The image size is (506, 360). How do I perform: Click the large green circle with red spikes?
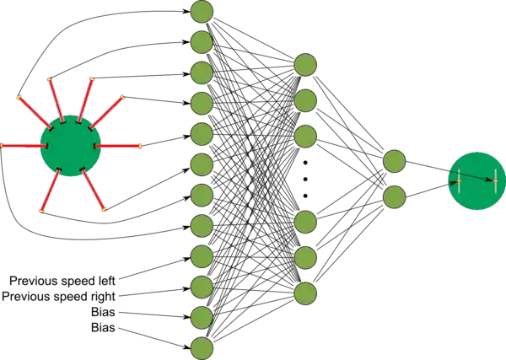(72, 146)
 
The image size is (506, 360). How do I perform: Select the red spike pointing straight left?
(21, 146)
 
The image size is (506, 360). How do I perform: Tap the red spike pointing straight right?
(120, 147)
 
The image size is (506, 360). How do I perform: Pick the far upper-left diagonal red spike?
(29, 107)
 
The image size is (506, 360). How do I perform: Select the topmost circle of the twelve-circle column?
(202, 12)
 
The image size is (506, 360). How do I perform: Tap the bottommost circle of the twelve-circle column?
(202, 348)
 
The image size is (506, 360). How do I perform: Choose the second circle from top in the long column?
(202, 42)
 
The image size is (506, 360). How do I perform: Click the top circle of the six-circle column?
(305, 64)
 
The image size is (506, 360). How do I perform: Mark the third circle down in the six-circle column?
(305, 136)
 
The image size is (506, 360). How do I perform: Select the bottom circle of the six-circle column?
(305, 293)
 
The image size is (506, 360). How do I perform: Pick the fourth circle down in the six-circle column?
(305, 222)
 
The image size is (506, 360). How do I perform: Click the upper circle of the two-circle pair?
(394, 161)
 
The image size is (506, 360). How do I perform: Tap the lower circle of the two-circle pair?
(394, 197)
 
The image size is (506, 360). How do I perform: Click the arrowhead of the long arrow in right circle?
(492, 180)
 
